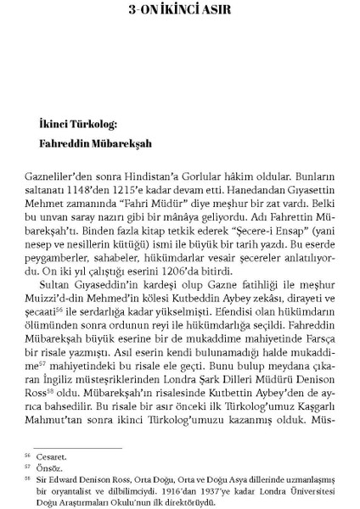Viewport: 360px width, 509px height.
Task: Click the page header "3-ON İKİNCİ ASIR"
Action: click(180, 13)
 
